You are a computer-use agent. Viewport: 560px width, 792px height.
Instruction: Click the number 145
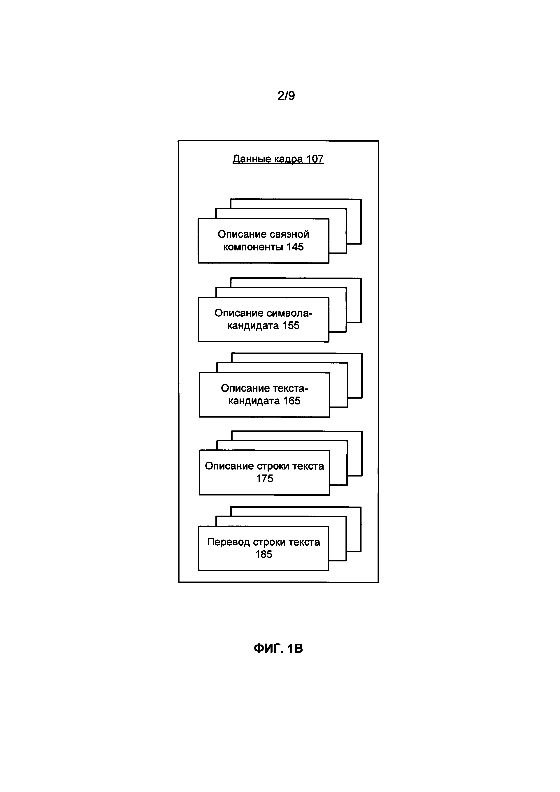295,247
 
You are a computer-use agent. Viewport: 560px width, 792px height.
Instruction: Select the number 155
291,326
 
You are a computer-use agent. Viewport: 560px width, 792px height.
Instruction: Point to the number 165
292,401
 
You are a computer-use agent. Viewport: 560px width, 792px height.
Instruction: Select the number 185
264,554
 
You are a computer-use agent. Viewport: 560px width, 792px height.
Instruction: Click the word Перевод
228,542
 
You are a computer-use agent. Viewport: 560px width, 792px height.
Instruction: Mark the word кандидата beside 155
253,326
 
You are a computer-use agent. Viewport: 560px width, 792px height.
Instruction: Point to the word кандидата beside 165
254,401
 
